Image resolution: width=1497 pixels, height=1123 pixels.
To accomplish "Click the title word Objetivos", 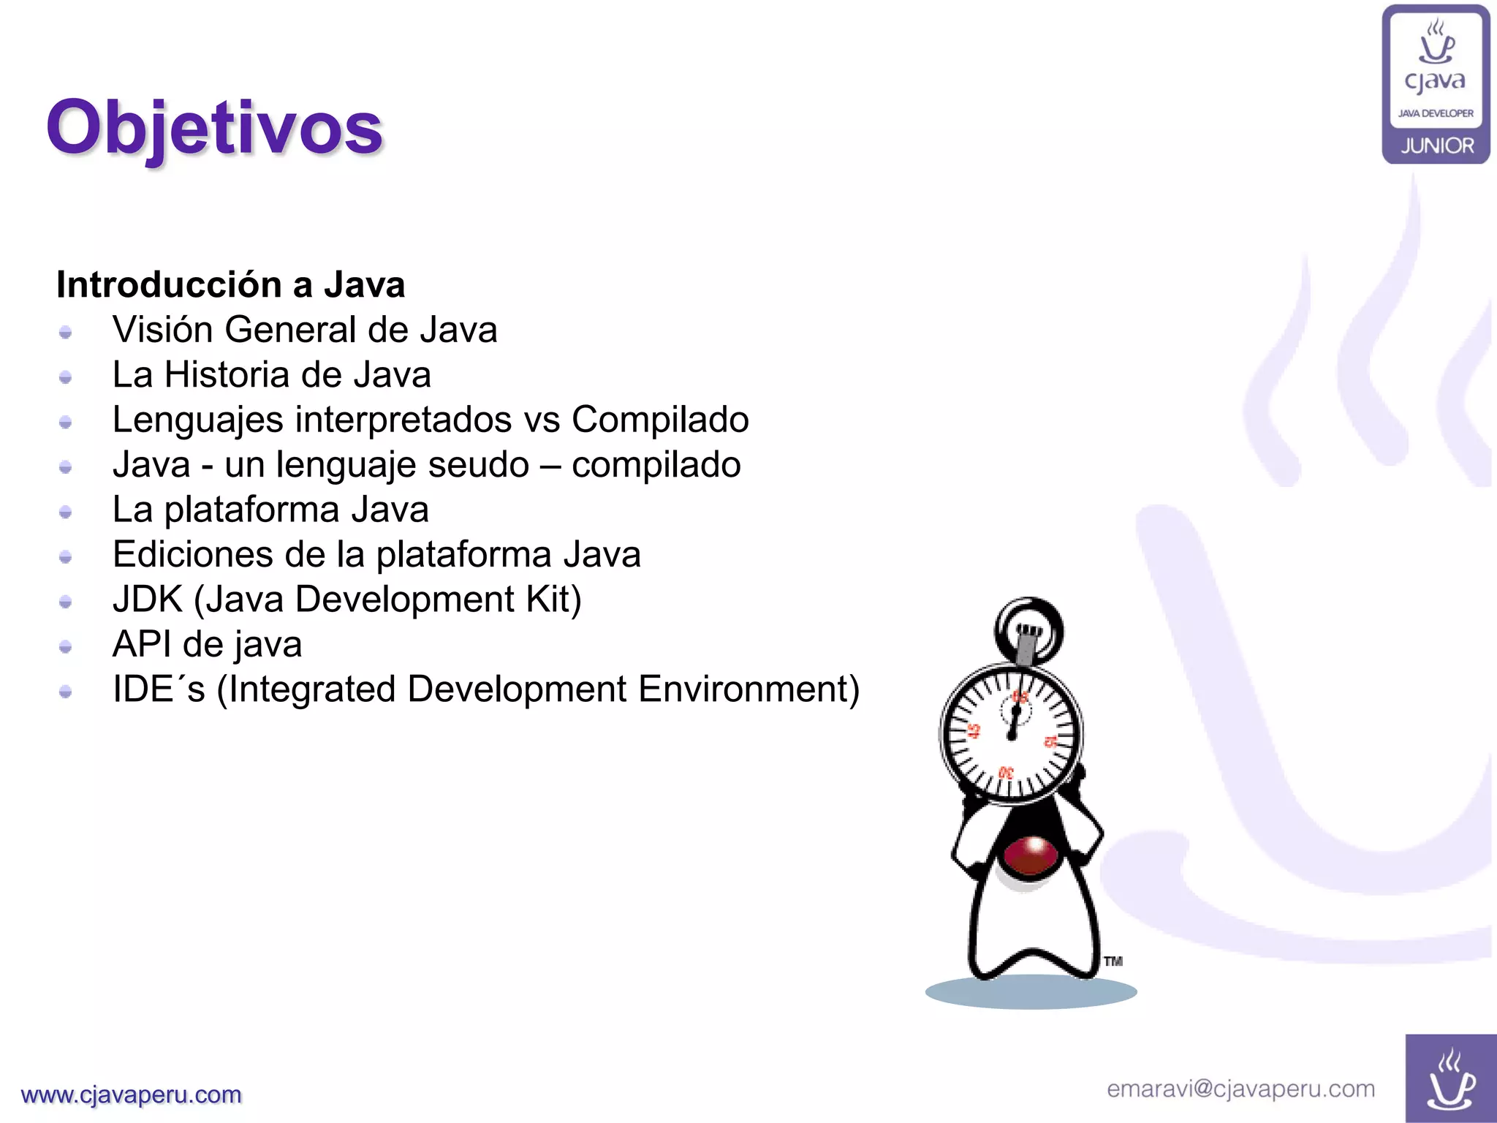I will pyautogui.click(x=214, y=129).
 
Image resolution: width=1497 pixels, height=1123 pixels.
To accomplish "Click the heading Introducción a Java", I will pyautogui.click(x=230, y=284).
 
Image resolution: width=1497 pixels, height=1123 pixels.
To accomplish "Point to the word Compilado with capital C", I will pyautogui.click(x=660, y=420).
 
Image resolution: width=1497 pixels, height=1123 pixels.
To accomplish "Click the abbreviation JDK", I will pyautogui.click(x=147, y=600).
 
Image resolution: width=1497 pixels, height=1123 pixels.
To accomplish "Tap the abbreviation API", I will pyautogui.click(x=141, y=645).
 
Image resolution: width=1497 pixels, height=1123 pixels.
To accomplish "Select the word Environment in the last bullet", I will pyautogui.click(x=748, y=689).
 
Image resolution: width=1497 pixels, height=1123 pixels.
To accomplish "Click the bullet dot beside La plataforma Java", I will pyautogui.click(x=66, y=512).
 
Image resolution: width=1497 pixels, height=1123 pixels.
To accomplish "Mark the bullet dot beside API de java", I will pyautogui.click(x=66, y=646).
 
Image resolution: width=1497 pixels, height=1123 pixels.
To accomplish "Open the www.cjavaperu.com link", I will pyautogui.click(x=132, y=1094).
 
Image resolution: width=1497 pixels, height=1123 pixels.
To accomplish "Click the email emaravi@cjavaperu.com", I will pyautogui.click(x=1240, y=1089).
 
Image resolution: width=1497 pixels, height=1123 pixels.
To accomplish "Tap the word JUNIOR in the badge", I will pyautogui.click(x=1437, y=145).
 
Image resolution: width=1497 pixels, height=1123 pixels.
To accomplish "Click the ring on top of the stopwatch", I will pyautogui.click(x=1028, y=629).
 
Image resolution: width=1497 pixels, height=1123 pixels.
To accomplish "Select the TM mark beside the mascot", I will pyautogui.click(x=1113, y=961).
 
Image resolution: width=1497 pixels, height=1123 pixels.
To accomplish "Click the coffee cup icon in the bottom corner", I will pyautogui.click(x=1451, y=1080).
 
